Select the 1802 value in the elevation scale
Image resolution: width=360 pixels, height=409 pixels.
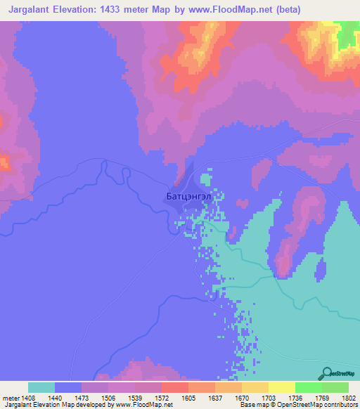(x=349, y=397)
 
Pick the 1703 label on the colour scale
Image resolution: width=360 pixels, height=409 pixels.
(x=255, y=397)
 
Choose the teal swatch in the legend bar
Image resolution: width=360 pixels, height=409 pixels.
(x=41, y=387)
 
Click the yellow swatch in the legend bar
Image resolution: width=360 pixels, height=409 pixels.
(x=282, y=387)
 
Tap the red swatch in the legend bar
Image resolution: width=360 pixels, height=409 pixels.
(x=175, y=387)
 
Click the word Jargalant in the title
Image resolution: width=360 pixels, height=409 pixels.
(x=27, y=11)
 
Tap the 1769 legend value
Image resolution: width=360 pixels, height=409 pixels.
(x=323, y=397)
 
